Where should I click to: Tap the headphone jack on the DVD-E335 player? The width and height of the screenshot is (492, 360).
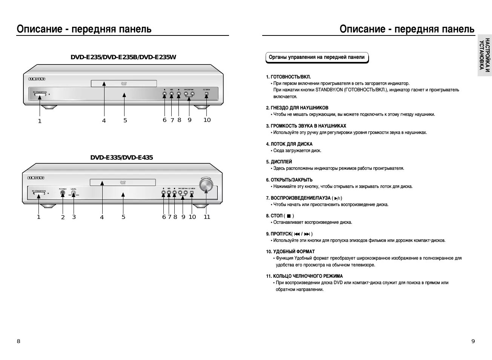63,193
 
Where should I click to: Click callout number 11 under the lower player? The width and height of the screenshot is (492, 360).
207,217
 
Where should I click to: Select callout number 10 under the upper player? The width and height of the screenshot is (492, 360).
207,120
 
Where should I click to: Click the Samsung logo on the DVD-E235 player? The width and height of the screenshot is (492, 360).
37,79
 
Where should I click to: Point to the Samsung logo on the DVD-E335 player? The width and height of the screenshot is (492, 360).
36,178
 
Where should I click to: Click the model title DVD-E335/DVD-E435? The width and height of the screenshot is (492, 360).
121,157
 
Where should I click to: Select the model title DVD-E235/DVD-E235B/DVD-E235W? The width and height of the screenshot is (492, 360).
123,57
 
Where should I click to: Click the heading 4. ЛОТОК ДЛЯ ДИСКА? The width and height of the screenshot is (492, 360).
289,144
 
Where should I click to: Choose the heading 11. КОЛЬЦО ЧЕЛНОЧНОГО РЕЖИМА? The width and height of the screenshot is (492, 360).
304,276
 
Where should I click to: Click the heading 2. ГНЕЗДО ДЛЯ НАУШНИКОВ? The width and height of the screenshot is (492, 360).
297,108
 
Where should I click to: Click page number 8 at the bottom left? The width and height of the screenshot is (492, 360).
18,341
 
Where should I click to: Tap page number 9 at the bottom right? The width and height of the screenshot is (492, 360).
473,341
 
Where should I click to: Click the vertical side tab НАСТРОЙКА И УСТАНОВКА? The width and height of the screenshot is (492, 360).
484,55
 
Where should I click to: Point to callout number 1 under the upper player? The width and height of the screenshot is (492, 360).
40,121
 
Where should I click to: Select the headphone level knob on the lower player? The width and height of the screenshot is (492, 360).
74,193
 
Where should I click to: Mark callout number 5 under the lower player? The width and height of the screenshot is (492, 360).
123,217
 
